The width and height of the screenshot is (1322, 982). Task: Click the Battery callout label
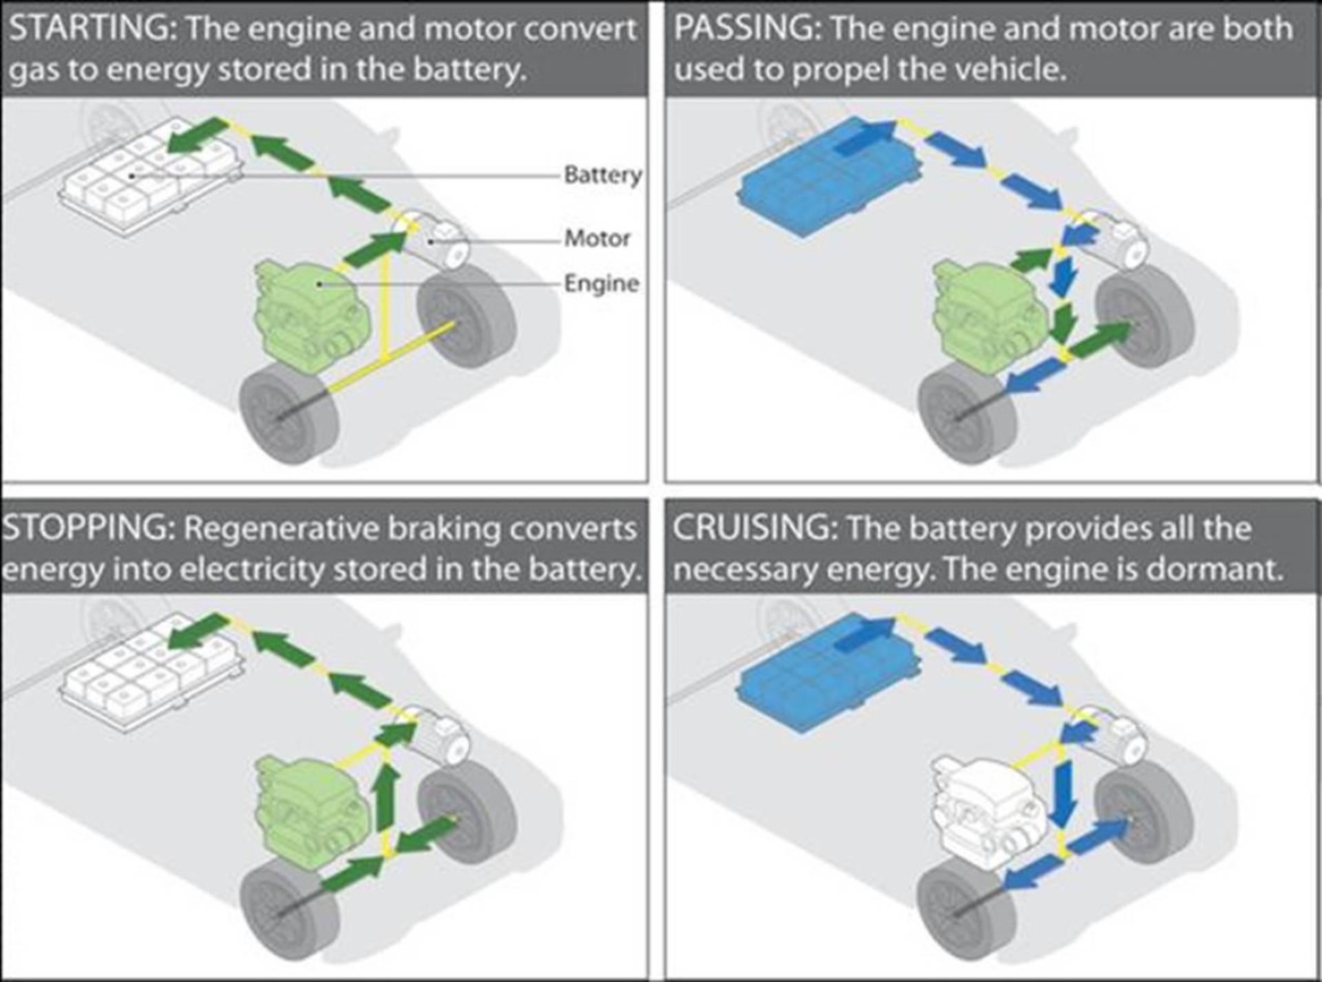[602, 175]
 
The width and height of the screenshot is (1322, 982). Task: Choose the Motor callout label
[597, 238]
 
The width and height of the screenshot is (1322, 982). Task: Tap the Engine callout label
[601, 283]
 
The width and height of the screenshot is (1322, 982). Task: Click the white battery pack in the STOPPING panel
[151, 672]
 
